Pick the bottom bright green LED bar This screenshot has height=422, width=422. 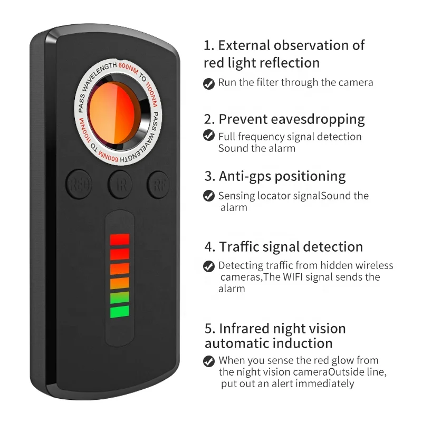click(x=120, y=311)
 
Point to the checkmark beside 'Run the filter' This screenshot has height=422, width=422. click(x=209, y=83)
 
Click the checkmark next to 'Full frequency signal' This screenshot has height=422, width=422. click(x=209, y=136)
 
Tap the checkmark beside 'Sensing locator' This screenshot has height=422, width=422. click(x=209, y=196)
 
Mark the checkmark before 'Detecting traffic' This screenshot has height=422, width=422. click(x=209, y=266)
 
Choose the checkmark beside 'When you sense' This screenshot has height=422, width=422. click(x=209, y=361)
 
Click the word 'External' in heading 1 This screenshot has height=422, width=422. click(x=247, y=45)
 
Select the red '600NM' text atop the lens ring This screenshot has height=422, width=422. click(x=128, y=68)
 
